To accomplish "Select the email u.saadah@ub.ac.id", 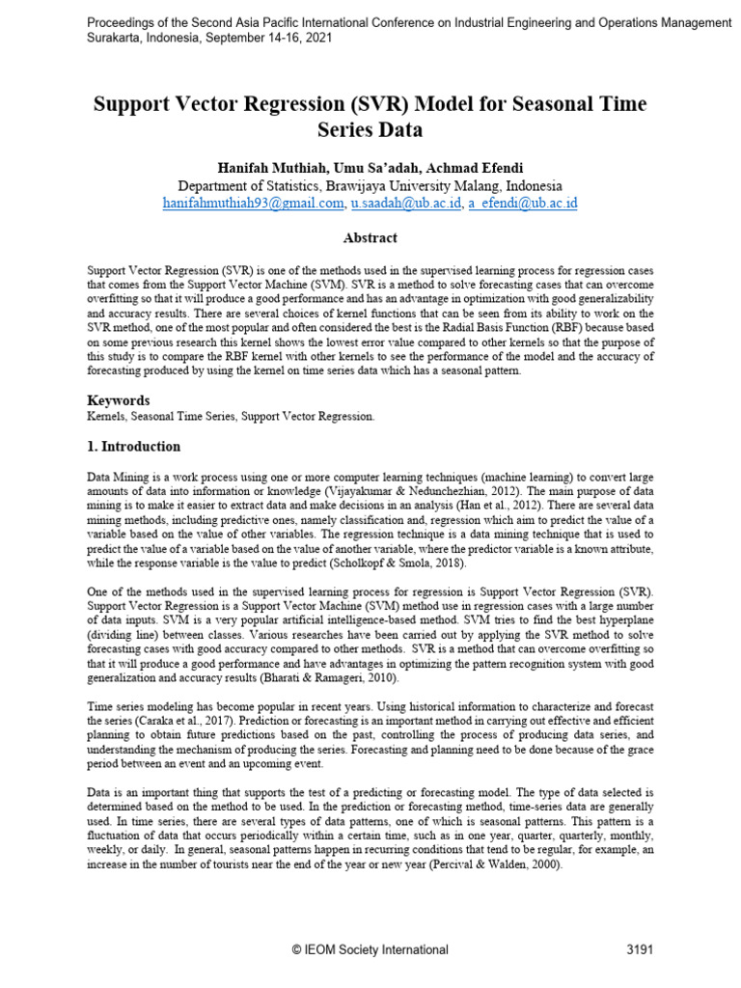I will (x=405, y=204).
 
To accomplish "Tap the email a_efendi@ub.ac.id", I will (x=523, y=204).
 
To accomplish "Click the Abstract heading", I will (x=370, y=237).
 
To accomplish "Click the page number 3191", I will (x=640, y=949).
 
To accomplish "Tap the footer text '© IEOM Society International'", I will (x=370, y=949).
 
